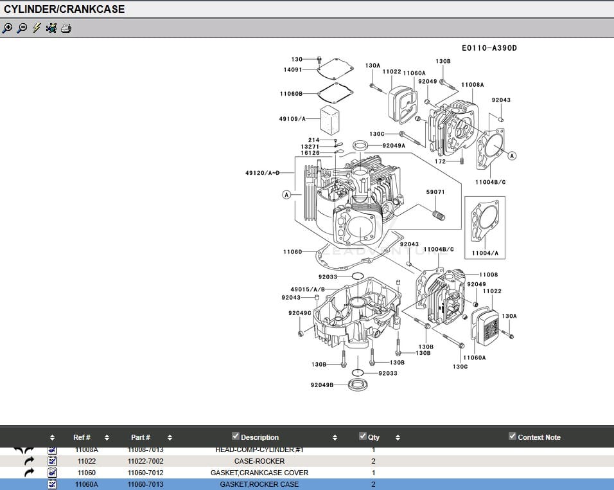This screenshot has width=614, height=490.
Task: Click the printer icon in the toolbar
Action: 66,28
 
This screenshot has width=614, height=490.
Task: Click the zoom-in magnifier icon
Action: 8,28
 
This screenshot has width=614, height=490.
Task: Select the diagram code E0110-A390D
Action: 489,48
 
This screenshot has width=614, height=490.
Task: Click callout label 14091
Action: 293,69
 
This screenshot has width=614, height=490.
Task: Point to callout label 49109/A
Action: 291,119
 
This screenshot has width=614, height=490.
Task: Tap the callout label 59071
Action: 435,192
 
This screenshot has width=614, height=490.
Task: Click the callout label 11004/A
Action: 485,253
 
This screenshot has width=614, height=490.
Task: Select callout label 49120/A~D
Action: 262,173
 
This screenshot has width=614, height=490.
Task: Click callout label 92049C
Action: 300,313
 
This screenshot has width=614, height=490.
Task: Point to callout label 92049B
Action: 322,385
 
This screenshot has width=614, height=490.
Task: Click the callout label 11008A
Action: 473,85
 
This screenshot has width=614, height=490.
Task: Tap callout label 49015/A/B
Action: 308,289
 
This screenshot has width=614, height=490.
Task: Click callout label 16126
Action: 310,153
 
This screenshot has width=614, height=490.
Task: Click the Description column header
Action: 260,437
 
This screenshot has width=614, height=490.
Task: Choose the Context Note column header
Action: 539,437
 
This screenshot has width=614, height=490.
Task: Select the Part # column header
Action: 141,437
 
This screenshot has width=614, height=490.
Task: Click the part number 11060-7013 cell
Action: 145,484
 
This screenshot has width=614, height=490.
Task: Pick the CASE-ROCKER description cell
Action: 259,461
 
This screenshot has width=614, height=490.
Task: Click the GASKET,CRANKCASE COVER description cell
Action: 259,473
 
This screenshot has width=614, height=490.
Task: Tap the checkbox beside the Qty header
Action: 363,437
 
